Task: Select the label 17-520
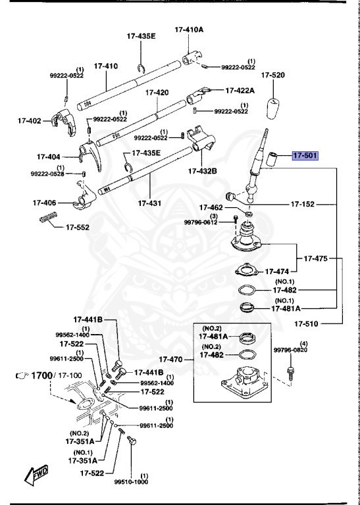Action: point(272,76)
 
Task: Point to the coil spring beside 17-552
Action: point(48,219)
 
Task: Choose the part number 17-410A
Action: point(189,30)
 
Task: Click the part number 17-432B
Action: point(202,170)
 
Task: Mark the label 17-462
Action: point(212,208)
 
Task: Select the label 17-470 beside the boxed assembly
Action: point(177,360)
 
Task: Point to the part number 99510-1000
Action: point(130,481)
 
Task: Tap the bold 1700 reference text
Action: point(41,375)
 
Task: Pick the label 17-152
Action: point(304,204)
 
